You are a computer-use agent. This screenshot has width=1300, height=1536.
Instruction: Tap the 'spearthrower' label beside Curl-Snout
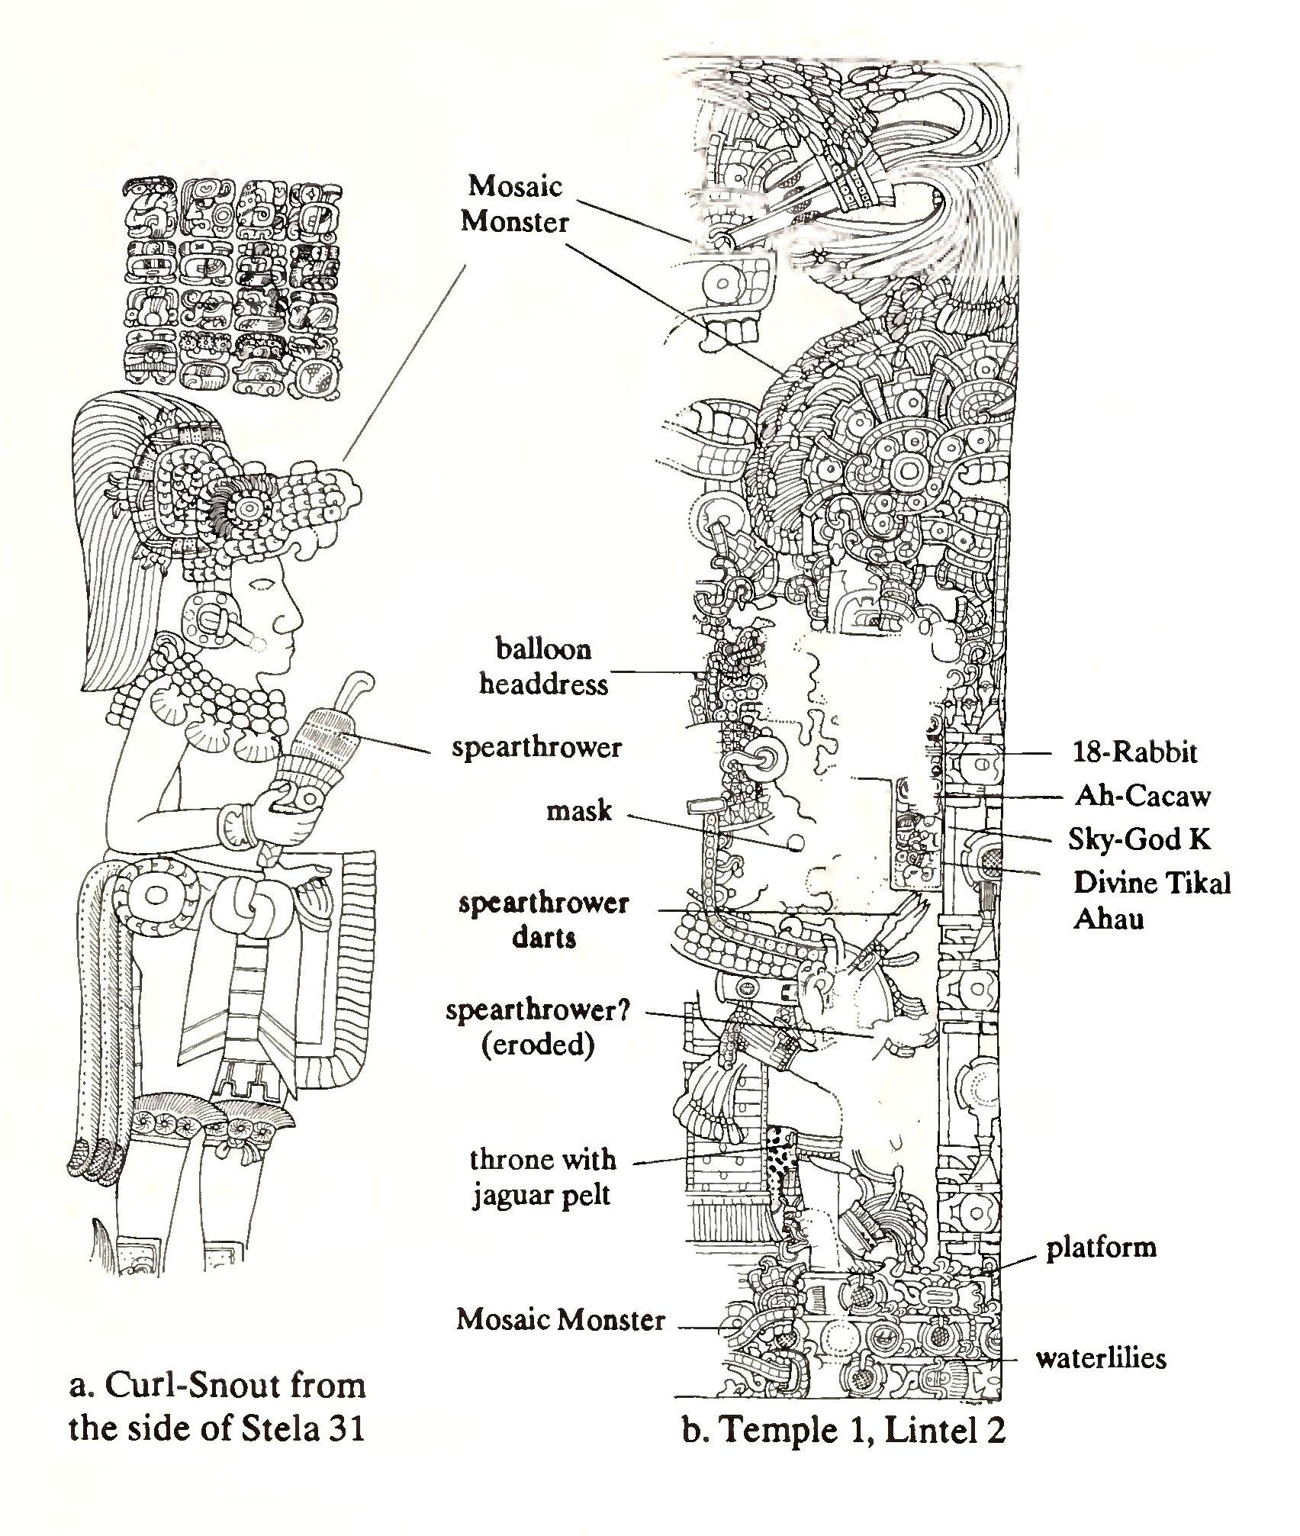pos(536,747)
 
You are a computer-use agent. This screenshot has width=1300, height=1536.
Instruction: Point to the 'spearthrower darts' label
pos(543,920)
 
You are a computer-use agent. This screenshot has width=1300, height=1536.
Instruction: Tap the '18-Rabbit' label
pos(1134,752)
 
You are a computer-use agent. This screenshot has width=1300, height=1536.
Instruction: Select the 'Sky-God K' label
pos(1139,839)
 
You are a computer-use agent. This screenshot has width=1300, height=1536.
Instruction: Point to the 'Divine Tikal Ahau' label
pos(1151,900)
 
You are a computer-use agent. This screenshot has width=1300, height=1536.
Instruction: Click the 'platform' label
pos(1101,1247)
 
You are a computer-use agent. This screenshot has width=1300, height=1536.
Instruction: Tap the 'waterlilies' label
pos(1100,1357)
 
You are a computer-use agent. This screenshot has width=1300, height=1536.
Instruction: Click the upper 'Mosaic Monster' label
pos(516,204)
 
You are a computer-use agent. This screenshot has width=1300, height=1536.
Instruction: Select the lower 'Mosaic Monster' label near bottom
pos(561,1319)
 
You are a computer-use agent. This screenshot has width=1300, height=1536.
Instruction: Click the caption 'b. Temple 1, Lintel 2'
pos(844,1431)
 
